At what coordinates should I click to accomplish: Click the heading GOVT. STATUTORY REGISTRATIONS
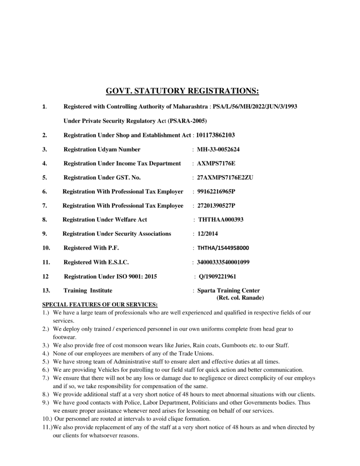[182, 91]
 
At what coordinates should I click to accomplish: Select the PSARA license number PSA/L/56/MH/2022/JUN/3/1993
[255, 106]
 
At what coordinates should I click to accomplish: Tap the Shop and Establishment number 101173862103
[216, 135]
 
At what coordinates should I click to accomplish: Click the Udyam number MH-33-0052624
[218, 149]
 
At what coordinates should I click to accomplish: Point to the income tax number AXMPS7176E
[216, 163]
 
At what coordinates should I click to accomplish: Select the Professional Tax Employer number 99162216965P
[216, 192]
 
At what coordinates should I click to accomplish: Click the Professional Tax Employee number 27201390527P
[216, 206]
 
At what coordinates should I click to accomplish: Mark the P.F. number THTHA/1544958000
[223, 248]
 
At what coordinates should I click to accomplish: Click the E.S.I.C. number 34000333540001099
[223, 262]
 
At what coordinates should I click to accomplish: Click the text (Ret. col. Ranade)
[240, 297]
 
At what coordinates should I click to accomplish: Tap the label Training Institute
[88, 290]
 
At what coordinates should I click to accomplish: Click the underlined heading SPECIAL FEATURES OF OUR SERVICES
[100, 304]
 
